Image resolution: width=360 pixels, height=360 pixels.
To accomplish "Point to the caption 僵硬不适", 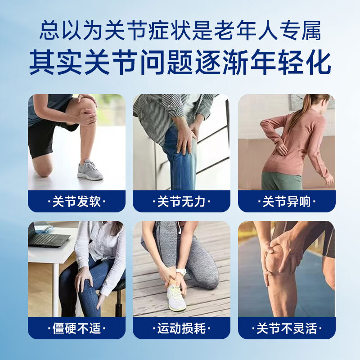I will [76, 328].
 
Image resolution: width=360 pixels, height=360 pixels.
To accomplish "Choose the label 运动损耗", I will [181, 328].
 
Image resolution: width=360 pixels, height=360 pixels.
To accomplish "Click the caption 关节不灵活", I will [287, 328].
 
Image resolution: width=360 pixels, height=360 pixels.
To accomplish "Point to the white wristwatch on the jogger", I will [181, 272].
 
